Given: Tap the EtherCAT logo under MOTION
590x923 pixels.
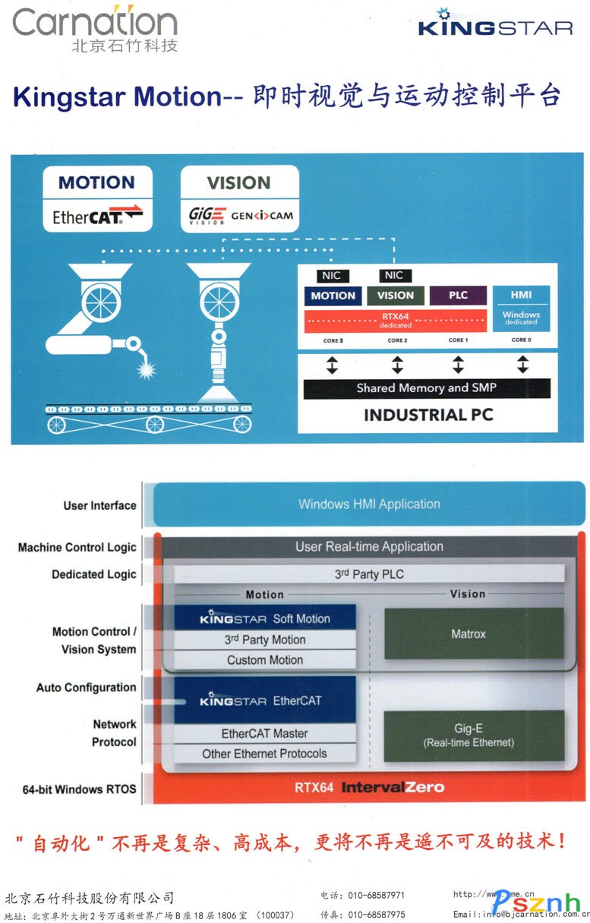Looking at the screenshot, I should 97,216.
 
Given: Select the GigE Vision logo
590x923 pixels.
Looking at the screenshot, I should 207,217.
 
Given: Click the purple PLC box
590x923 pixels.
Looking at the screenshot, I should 458,296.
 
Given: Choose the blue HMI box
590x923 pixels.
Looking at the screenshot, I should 521,304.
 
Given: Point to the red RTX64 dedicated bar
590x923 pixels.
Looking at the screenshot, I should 395,321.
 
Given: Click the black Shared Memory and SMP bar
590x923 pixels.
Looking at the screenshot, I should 427,388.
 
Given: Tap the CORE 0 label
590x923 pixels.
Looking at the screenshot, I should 521,340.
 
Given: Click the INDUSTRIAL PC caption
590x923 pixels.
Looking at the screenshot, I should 428,415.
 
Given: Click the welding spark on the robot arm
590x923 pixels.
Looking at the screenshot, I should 144,369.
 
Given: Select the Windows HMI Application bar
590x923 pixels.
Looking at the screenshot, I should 369,504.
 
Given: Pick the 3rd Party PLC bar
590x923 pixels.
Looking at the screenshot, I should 369,574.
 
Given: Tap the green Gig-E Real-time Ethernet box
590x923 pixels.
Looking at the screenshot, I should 474,735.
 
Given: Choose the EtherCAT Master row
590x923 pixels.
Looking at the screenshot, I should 265,734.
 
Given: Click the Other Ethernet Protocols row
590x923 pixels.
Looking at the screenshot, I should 265,754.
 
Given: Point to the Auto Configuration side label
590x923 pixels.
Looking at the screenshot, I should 86,688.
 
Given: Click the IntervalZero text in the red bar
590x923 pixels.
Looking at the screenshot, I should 393,787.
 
